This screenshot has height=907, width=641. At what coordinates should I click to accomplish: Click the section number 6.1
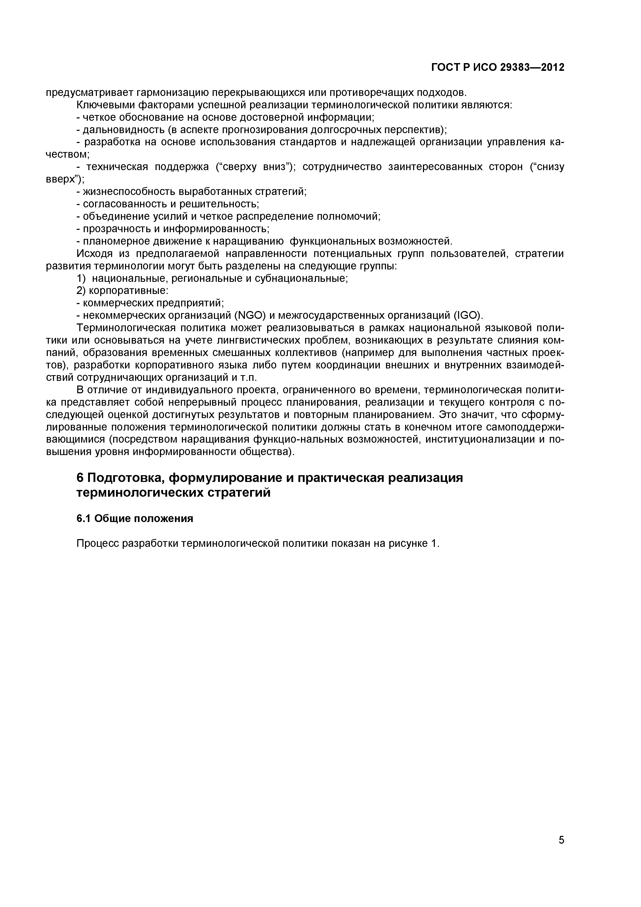pos(84,518)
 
